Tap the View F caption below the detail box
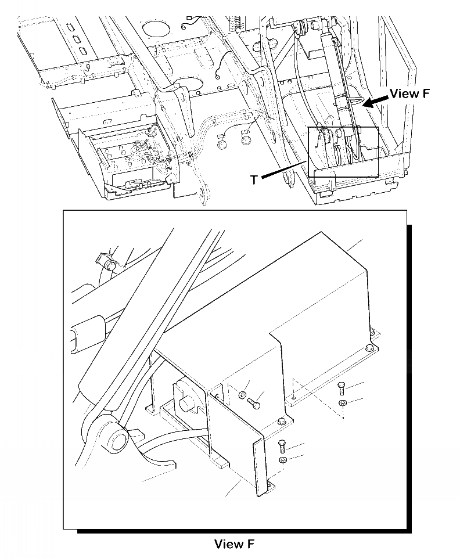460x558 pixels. point(234,544)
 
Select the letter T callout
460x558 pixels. point(254,180)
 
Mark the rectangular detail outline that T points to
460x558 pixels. point(343,152)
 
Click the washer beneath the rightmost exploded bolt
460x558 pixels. point(342,403)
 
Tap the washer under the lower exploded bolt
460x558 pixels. point(282,460)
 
